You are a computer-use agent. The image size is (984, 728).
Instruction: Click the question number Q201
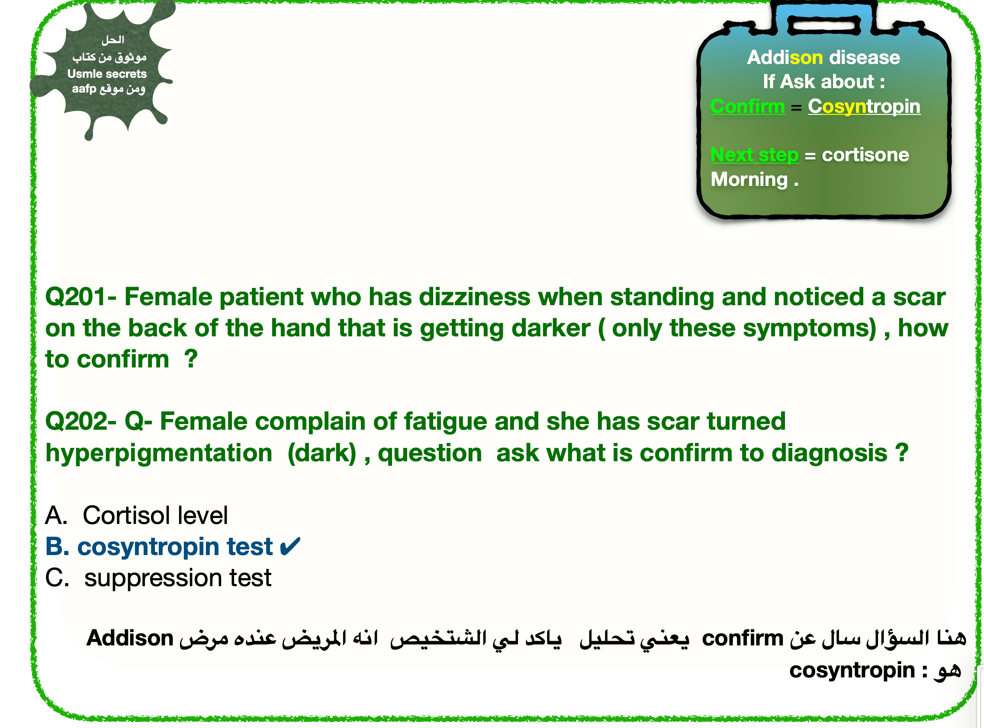tap(75, 297)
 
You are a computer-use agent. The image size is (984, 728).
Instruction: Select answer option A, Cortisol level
tap(136, 515)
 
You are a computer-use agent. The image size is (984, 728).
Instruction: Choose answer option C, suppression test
tap(158, 578)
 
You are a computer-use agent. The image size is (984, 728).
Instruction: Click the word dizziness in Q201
tap(474, 297)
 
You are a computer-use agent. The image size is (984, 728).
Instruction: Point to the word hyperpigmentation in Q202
tap(159, 453)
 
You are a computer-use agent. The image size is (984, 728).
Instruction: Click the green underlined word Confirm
tap(748, 106)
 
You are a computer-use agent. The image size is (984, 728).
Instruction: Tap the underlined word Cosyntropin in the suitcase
tap(864, 107)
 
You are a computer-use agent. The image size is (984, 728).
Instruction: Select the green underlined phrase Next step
tap(754, 155)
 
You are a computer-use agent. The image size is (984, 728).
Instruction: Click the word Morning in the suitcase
tap(749, 179)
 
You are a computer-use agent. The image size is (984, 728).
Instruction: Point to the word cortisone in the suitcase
tap(865, 155)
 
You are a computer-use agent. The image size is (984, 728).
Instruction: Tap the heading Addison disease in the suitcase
tap(823, 57)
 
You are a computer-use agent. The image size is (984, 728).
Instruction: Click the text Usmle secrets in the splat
tap(107, 73)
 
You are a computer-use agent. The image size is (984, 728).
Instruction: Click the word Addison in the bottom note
tap(130, 638)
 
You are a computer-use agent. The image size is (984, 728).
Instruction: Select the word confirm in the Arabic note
tap(742, 638)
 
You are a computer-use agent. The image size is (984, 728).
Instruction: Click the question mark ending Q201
tap(191, 359)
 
